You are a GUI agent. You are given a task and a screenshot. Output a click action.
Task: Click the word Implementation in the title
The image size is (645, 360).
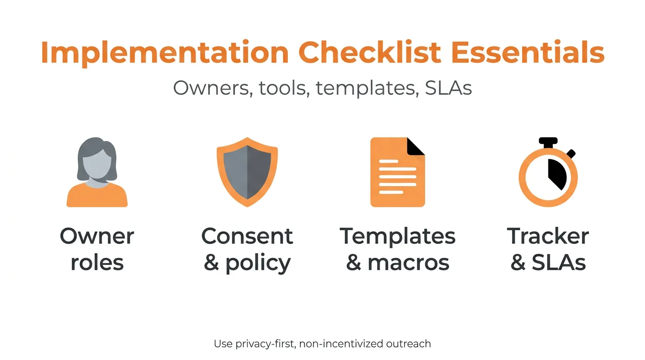[x=165, y=52]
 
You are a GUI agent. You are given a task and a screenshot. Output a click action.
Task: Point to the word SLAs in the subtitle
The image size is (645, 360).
[x=448, y=88]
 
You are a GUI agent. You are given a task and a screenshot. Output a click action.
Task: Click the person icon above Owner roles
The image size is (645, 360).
[x=97, y=172]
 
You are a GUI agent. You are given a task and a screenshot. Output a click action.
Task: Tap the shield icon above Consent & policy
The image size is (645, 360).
[x=247, y=172]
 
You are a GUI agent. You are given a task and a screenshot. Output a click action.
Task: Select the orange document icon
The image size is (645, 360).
[x=397, y=172]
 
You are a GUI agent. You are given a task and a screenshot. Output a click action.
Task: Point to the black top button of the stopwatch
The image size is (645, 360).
[x=548, y=141]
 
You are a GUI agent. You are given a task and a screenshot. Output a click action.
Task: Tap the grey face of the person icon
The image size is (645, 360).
[x=97, y=164]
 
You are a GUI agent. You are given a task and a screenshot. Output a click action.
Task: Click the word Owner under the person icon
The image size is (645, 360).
[x=97, y=236]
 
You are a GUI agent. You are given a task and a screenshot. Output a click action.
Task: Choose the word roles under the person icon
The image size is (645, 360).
[x=97, y=262]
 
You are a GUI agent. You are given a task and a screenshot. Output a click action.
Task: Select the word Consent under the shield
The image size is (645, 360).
[x=247, y=236]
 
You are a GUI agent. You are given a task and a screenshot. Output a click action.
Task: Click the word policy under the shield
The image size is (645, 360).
[x=258, y=263]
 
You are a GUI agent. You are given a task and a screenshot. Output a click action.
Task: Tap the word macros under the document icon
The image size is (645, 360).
[x=408, y=262]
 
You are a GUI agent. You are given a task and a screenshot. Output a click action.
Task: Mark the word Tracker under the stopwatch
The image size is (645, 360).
[x=548, y=236]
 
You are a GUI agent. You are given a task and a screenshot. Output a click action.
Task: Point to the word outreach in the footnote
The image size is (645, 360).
[x=408, y=344]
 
